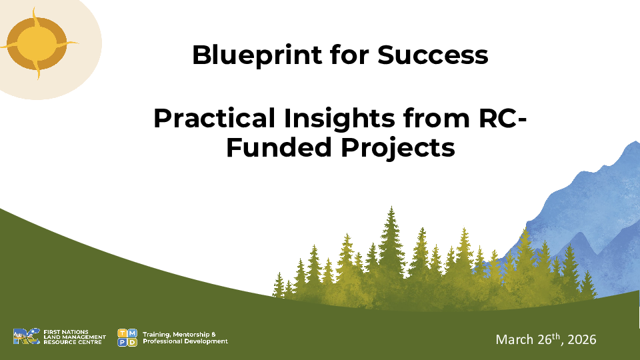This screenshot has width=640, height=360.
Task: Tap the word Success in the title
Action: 433,55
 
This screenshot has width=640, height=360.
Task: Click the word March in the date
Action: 515,340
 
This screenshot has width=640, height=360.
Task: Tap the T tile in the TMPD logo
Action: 122,333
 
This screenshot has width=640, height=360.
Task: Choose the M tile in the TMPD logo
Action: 133,333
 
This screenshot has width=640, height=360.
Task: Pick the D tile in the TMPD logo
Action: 133,343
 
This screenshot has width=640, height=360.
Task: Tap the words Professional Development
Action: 185,341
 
